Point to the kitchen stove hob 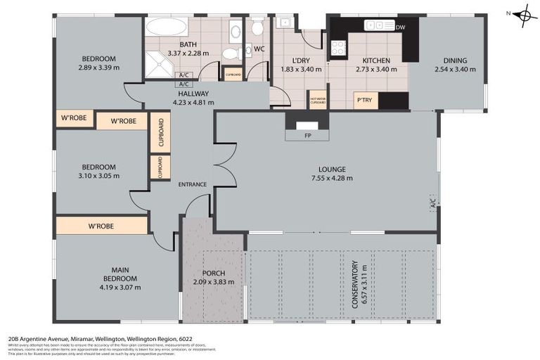point(338,47)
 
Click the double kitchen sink point(380,26)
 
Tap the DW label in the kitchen point(401,27)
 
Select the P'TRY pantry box point(364,101)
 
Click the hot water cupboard point(318,100)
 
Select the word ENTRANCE point(192,184)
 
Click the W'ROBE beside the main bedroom point(101,226)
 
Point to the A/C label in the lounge point(432,203)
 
